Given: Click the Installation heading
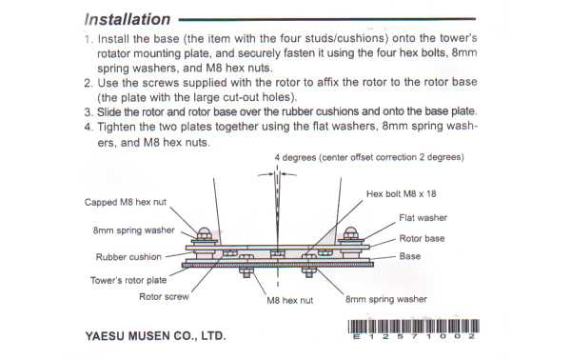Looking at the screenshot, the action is (127, 19).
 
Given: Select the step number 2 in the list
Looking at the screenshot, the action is (87, 82).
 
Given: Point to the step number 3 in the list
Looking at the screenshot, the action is (87, 110).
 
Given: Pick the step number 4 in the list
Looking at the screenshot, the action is (87, 126).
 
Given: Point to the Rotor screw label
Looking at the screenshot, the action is (164, 297).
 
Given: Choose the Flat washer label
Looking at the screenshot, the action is (423, 218).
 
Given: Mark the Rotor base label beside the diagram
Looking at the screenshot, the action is (422, 238).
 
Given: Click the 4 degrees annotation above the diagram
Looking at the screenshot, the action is (368, 156).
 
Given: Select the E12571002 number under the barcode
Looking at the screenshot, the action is (412, 337).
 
